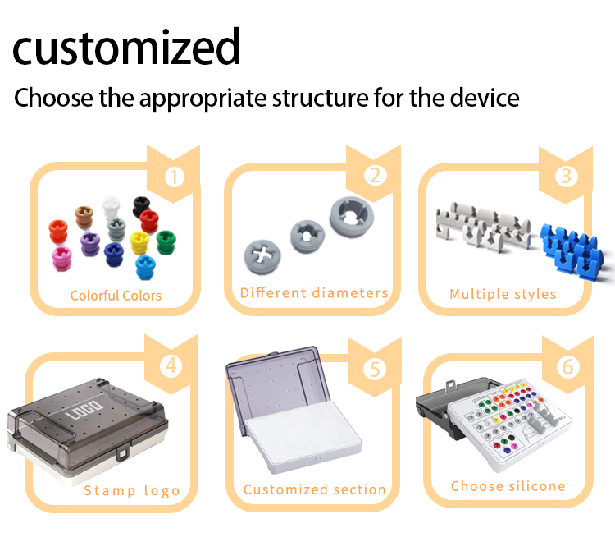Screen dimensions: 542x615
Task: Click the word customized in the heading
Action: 126,47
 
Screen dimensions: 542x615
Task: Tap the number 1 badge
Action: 173,176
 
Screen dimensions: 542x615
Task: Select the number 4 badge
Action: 171,365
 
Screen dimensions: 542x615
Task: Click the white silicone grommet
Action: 111,205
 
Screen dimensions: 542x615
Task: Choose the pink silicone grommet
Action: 62,257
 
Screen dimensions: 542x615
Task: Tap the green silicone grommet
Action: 165,241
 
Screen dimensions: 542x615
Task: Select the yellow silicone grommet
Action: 139,242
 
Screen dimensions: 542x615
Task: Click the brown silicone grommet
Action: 84,216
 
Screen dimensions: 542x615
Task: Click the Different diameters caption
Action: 314,293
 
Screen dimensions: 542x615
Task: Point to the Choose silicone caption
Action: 508,486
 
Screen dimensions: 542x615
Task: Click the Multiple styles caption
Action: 503,294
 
